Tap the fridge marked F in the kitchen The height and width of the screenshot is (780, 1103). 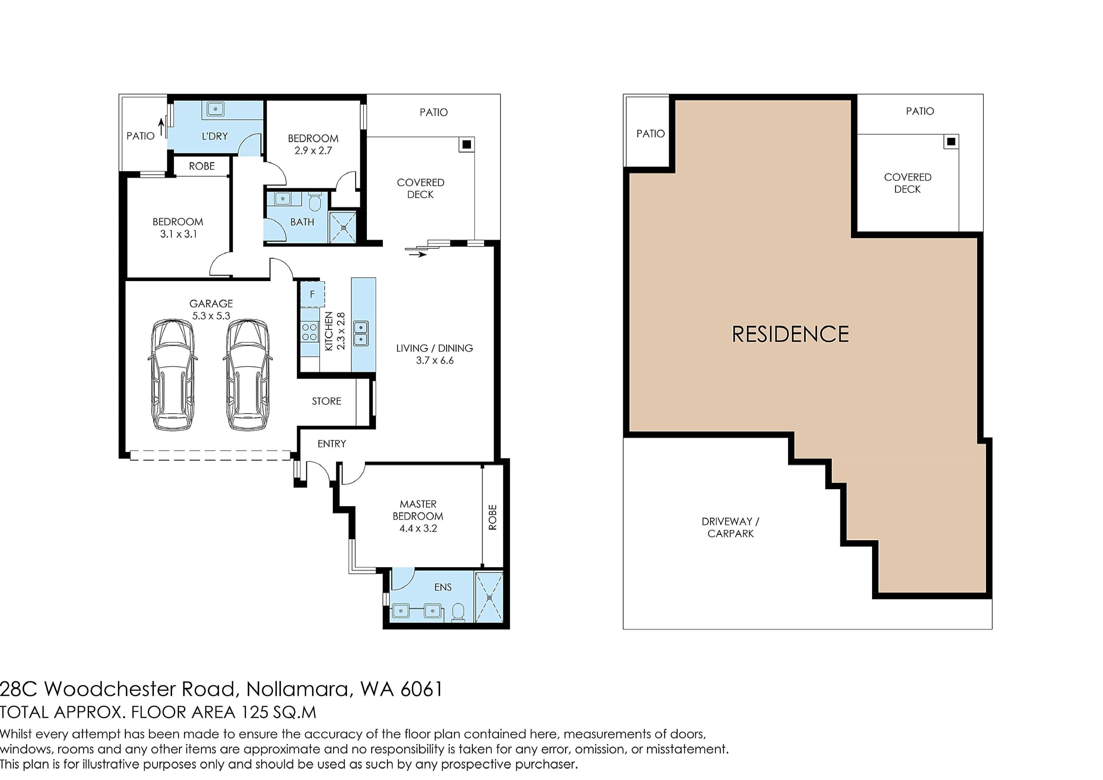click(312, 294)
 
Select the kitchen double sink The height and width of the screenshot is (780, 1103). click(361, 333)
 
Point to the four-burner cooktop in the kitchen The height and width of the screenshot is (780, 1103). click(309, 332)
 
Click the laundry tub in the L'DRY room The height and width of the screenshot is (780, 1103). click(215, 109)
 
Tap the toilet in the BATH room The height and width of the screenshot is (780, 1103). click(315, 202)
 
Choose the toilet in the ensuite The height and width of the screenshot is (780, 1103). click(458, 613)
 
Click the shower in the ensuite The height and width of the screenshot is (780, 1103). click(489, 598)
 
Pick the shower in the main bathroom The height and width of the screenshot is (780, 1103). click(343, 227)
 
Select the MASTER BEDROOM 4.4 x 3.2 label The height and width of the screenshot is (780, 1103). click(418, 516)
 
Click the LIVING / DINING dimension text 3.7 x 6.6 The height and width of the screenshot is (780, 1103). click(435, 360)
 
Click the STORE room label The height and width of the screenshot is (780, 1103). click(327, 401)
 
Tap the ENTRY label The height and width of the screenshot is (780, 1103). click(331, 443)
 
